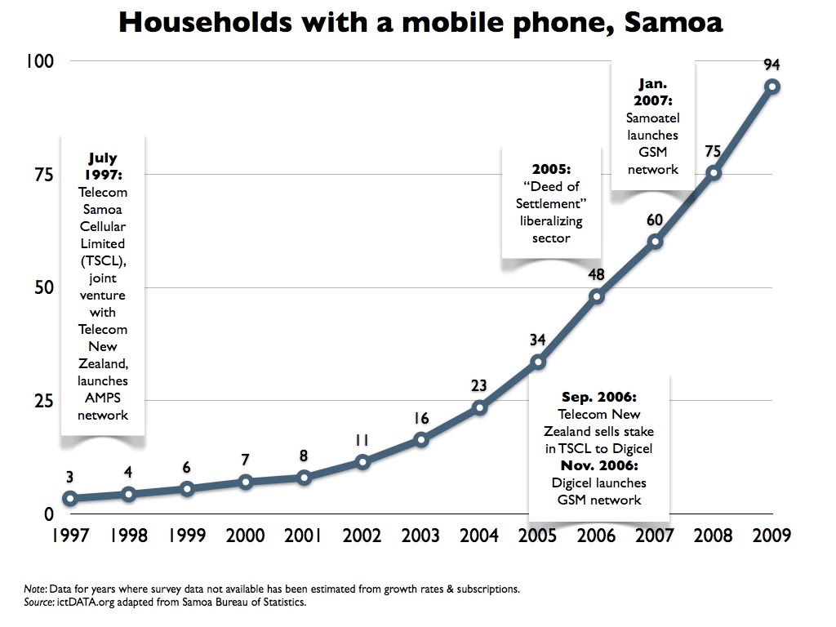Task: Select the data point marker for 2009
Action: pos(772,87)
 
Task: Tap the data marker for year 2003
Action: pos(420,439)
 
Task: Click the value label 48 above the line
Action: pos(596,275)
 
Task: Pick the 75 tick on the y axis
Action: pos(42,175)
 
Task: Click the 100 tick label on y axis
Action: pos(38,61)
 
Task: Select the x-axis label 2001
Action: pos(304,536)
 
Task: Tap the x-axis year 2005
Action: pos(537,536)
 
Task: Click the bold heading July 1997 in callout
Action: pos(103,167)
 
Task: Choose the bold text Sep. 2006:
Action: pos(598,398)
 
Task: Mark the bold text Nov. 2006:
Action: pos(598,465)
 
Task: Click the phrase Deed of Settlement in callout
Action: pos(551,195)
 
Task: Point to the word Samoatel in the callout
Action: pos(652,118)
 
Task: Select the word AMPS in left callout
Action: pos(103,398)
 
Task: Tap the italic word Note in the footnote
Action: pos(34,589)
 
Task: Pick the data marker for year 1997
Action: pos(70,498)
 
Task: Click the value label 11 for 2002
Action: pos(362,441)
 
